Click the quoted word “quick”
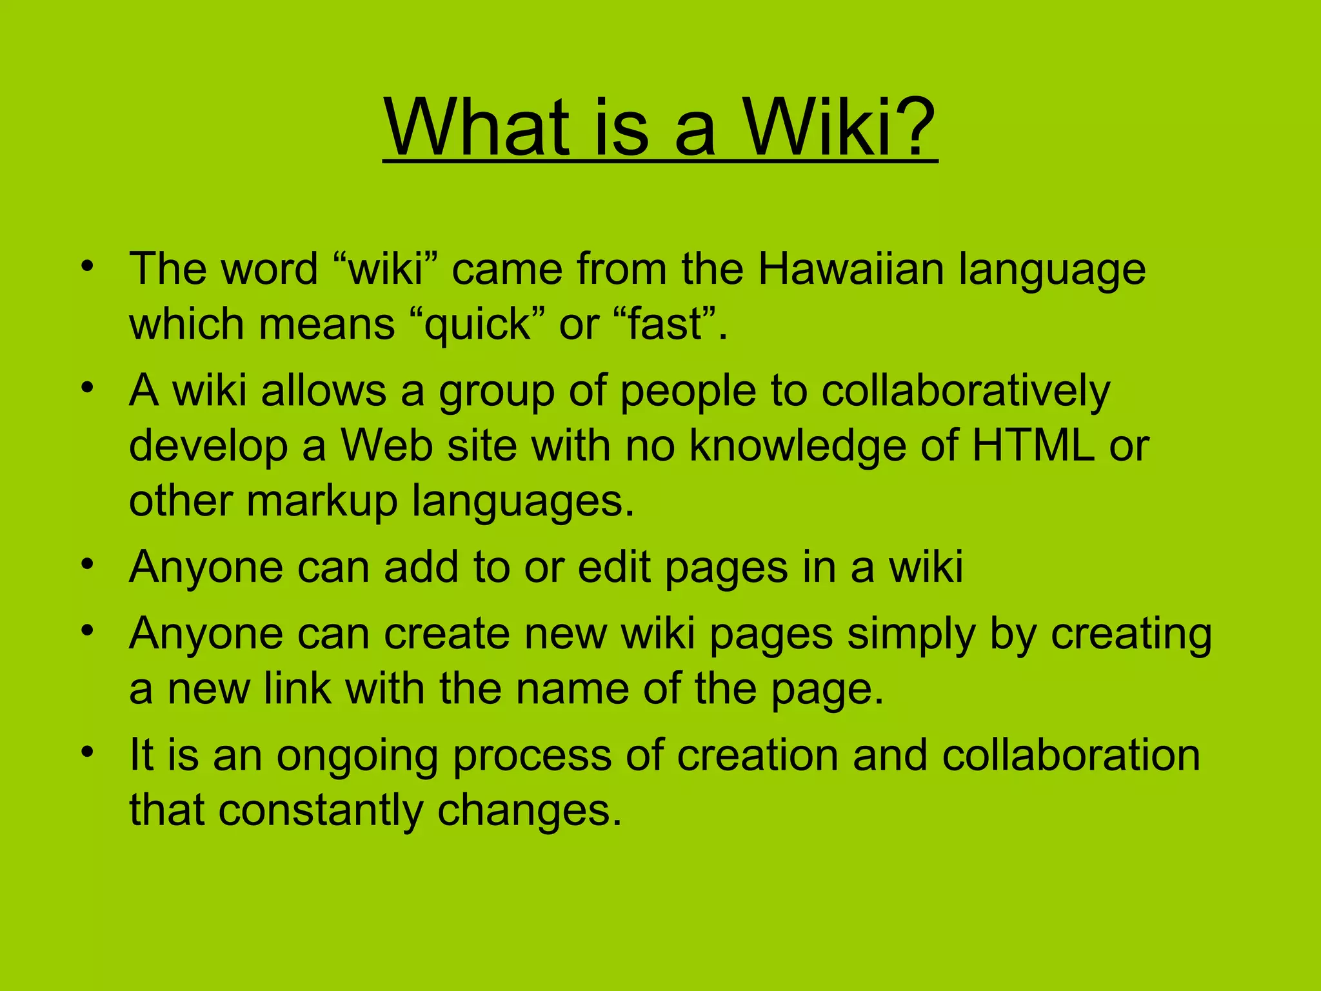477,325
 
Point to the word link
297,688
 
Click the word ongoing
357,757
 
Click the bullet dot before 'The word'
88,266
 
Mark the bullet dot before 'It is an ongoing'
88,752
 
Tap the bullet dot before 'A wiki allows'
88,388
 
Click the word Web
386,445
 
